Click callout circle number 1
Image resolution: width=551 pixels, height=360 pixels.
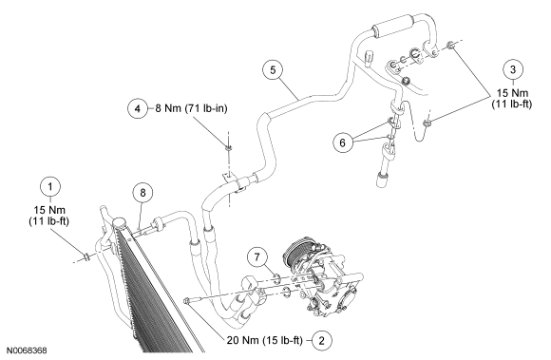(50, 187)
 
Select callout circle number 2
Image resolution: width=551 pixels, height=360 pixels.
(321, 340)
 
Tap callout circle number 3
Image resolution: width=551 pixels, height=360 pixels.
(513, 69)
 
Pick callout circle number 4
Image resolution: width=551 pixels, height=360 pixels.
(138, 108)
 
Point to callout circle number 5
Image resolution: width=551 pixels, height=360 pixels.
(273, 70)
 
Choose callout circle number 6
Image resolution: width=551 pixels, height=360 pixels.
(343, 142)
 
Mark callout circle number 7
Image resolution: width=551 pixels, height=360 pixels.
(257, 257)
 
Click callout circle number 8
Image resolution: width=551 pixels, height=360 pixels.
(142, 193)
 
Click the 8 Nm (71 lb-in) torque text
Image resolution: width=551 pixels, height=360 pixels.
(192, 108)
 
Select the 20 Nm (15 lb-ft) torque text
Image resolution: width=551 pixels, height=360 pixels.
(265, 340)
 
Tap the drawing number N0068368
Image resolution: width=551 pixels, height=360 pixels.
(27, 351)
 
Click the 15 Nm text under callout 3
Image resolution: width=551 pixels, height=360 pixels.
(512, 93)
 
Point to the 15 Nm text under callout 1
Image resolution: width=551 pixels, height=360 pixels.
(49, 210)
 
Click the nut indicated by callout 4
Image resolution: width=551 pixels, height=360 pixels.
(228, 148)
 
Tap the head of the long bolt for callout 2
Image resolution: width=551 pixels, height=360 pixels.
(188, 301)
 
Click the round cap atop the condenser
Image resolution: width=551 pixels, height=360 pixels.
(119, 222)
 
